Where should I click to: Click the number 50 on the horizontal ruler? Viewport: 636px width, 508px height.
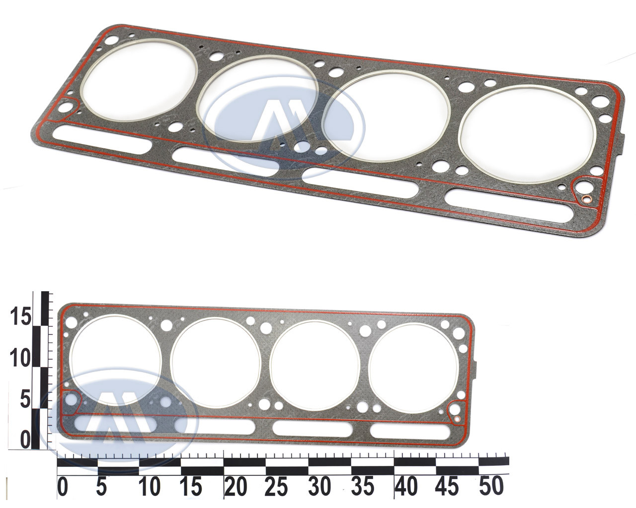[491, 486]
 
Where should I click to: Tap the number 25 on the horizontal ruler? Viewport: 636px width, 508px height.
[276, 486]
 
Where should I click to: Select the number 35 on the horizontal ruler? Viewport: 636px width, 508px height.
[362, 486]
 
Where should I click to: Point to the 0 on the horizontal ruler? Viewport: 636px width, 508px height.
[63, 486]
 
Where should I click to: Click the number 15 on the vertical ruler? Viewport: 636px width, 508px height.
[20, 316]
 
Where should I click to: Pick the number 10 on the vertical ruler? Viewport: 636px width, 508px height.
[20, 358]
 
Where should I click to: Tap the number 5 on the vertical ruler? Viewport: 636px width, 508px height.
[25, 400]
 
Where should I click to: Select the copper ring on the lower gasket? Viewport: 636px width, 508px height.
[457, 419]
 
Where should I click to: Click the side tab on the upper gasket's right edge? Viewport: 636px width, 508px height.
[623, 143]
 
